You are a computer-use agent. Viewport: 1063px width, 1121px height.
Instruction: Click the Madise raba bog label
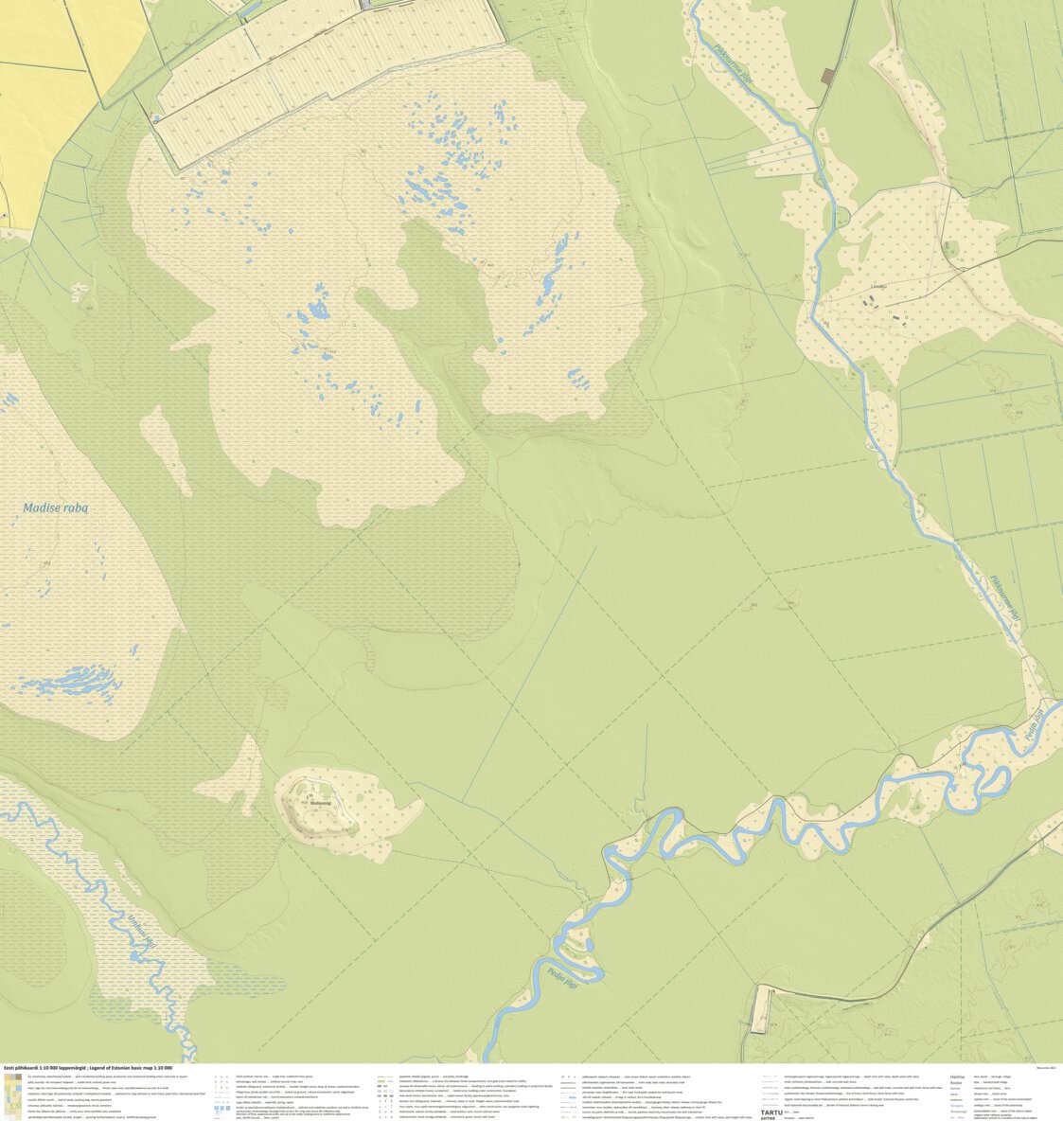pyautogui.click(x=56, y=508)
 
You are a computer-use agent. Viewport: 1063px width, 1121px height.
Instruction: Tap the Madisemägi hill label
pyautogui.click(x=321, y=803)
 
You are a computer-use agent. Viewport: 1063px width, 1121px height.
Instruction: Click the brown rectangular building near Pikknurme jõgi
pyautogui.click(x=828, y=76)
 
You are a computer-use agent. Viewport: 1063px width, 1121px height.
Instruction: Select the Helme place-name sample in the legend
pyautogui.click(x=957, y=1077)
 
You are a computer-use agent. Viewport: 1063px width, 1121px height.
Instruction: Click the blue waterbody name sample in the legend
pyautogui.click(x=959, y=1111)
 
